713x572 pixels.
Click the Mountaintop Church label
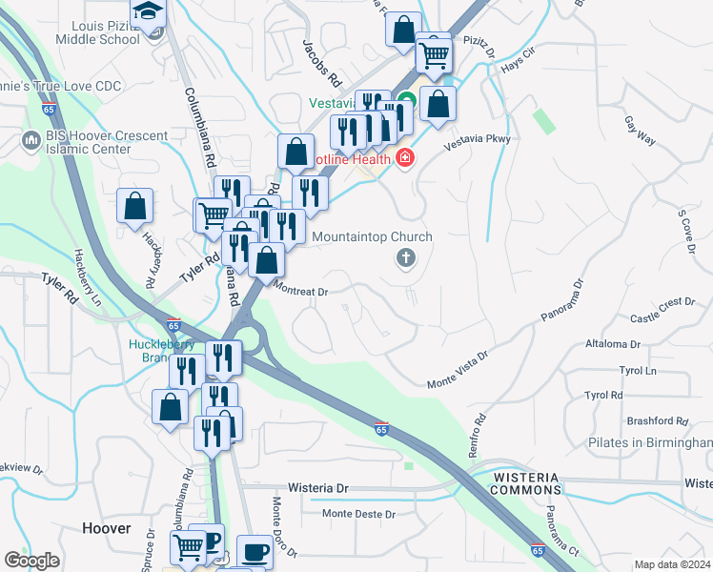click(372, 236)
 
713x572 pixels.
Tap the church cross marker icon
click(406, 256)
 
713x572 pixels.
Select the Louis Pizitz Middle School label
click(98, 31)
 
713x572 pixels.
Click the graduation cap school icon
click(149, 12)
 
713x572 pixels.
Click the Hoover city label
click(106, 527)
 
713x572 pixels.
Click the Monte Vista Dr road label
click(458, 367)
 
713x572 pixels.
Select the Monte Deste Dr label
click(359, 514)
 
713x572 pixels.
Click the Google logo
click(32, 560)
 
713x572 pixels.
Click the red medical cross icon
click(404, 157)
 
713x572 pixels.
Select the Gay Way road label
click(640, 131)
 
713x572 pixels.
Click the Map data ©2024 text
click(672, 564)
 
